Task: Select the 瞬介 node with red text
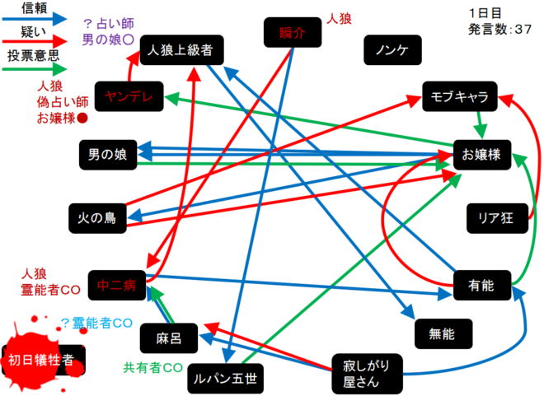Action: (292, 34)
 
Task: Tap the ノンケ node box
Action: (392, 51)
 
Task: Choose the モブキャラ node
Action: (460, 97)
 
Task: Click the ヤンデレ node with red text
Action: (129, 97)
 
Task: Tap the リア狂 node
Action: (496, 218)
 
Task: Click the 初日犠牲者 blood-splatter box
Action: (41, 361)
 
